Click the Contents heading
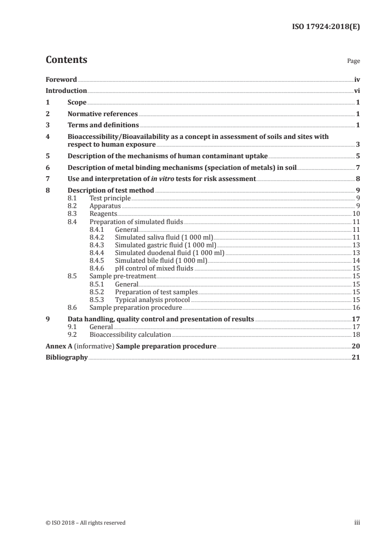[x=66, y=60]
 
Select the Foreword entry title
[x=61, y=79]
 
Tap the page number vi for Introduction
[x=356, y=90]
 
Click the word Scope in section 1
[x=77, y=103]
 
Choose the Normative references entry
[x=103, y=114]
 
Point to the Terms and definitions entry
[x=103, y=125]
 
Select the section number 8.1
[x=73, y=198]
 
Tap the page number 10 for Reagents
[x=355, y=213]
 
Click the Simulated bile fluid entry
[x=161, y=260]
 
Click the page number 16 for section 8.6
[x=355, y=307]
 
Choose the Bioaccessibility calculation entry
[x=130, y=334]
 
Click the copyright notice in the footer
[x=85, y=522]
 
